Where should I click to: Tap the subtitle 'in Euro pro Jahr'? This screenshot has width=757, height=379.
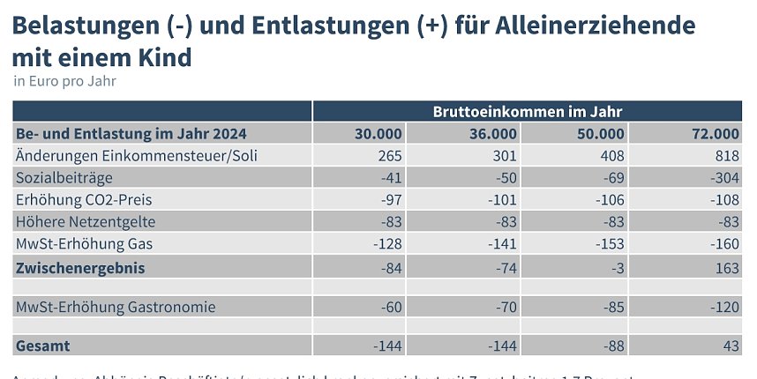coord(65,81)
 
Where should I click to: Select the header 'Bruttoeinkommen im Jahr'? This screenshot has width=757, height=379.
coord(528,112)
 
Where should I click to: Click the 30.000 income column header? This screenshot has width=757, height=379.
coord(378,134)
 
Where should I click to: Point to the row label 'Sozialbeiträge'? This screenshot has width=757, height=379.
coord(60,178)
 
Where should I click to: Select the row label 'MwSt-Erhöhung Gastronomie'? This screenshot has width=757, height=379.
coord(116,307)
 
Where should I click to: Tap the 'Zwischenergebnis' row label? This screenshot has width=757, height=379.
coord(80,267)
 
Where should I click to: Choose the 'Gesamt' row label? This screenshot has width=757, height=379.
coord(43,346)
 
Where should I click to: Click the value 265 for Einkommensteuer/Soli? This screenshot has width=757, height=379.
coord(389,156)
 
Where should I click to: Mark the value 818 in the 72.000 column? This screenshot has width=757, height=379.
coord(726,156)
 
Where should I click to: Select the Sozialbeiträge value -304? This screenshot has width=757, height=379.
coord(723,178)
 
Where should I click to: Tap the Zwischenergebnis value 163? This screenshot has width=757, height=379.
coord(726,267)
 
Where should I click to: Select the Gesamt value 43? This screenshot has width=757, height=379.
coord(731,346)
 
